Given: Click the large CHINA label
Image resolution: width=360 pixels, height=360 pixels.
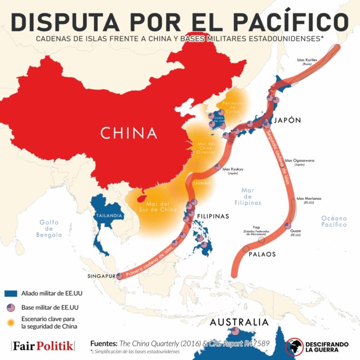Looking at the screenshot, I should tap(128, 133).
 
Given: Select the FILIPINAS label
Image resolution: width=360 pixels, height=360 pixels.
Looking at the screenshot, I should tap(213, 216).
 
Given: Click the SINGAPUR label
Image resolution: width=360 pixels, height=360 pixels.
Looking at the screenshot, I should tap(101, 276).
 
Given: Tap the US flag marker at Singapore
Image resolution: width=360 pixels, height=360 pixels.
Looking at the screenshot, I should tap(120, 276).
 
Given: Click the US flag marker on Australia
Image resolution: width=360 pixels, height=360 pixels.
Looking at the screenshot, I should tap(235, 331).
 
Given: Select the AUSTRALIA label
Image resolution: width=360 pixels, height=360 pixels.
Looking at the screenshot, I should tap(239, 322).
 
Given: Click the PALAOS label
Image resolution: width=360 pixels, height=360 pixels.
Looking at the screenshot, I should tap(262, 254).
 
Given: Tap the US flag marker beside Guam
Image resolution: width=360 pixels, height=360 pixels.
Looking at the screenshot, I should tap(288, 226).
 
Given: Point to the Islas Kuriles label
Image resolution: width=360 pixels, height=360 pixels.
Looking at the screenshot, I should tap(307, 60).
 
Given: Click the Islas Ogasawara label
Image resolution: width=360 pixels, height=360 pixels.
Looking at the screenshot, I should tap(299, 161).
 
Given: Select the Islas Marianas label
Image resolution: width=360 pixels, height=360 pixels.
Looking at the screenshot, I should tap(309, 199).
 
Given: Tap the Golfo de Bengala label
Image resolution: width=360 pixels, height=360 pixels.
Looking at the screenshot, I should tap(49, 229).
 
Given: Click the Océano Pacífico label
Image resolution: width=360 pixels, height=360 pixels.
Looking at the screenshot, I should tap(334, 221).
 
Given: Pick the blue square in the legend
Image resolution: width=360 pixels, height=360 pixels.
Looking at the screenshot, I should tap(11, 293).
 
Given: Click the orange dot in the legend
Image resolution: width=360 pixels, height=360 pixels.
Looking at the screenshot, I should tap(11, 322).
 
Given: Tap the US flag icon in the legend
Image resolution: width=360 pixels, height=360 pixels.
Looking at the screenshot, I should tap(11, 308).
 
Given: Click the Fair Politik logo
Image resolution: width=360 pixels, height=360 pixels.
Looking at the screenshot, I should tap(43, 346).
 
